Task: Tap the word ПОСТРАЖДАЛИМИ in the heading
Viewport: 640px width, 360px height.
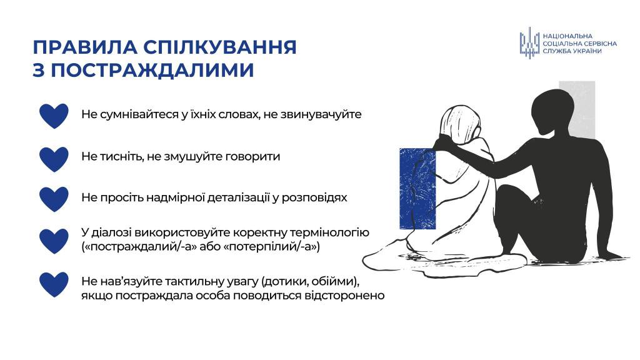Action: point(152,70)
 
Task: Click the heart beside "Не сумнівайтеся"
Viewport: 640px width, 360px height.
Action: point(54,116)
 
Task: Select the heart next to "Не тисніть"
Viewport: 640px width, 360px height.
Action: point(54,159)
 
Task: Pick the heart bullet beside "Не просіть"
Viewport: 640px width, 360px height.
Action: point(54,199)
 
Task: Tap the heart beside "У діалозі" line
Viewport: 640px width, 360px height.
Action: point(54,241)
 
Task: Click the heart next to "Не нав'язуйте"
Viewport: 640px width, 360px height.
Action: point(54,284)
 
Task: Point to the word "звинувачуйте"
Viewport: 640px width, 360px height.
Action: point(321,114)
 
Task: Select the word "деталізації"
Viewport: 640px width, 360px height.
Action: point(238,197)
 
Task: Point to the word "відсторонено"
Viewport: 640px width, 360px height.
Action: point(344,295)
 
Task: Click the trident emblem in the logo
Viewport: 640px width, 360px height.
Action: point(529,43)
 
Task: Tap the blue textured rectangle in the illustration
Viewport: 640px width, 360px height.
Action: point(417,189)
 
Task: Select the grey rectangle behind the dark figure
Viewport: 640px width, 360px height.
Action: point(577,109)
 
